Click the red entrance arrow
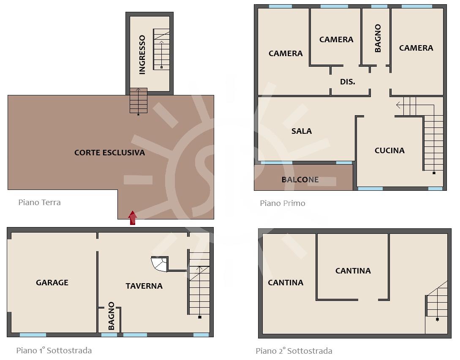pos(133,218)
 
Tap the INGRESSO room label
pos(142,54)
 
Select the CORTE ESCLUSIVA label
pos(109,152)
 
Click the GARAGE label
pos(52,282)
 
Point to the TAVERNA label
pos(144,286)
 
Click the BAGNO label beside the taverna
pos(111,316)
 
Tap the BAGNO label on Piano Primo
pos(378,38)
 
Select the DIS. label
pos(348,82)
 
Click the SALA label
pos(302,131)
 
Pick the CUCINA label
pos(389,150)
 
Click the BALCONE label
pos(300,179)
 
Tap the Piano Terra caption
pos(39,202)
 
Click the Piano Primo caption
pos(283,203)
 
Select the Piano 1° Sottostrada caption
pos(54,350)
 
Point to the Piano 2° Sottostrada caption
pos(294,351)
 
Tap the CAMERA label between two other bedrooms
pos(336,39)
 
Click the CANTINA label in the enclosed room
pos(353,271)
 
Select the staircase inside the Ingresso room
pos(161,49)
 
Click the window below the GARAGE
pos(33,335)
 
